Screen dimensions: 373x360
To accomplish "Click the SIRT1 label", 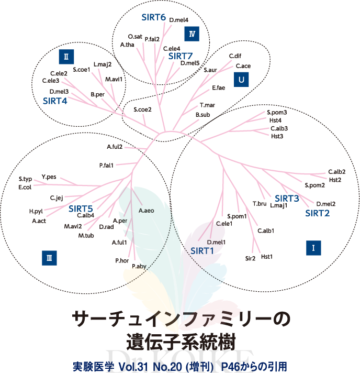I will pos(203,250).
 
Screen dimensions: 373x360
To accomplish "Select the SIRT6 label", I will pos(154,17).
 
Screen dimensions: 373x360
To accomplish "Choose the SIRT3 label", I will pos(287,198).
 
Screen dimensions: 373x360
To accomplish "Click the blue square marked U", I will pos(241,80).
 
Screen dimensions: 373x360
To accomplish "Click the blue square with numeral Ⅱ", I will pos(65,55).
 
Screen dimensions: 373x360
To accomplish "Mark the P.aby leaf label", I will pos(139,267).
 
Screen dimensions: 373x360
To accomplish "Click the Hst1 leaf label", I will pos(267,256).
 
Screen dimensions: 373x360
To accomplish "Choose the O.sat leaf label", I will pos(135,37).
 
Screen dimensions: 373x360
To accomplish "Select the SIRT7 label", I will pos(181,56).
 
